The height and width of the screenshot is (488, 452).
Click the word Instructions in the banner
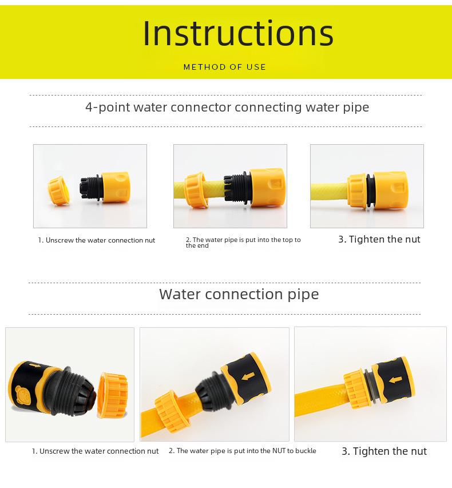pyautogui.click(x=238, y=33)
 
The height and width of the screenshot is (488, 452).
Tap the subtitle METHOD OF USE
pyautogui.click(x=225, y=67)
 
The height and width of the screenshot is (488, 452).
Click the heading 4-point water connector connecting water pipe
pyautogui.click(x=227, y=108)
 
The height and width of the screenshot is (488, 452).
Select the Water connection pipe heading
pyautogui.click(x=239, y=294)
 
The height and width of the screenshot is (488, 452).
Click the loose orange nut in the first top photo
pyautogui.click(x=58, y=191)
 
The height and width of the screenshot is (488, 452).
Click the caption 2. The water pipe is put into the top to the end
pyautogui.click(x=243, y=243)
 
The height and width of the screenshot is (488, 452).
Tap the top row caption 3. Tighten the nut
pyautogui.click(x=379, y=239)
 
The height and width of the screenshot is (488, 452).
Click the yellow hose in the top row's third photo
pyautogui.click(x=329, y=192)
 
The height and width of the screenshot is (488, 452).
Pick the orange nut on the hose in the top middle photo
pyautogui.click(x=196, y=190)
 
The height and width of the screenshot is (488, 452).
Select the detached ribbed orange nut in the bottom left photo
pyautogui.click(x=112, y=395)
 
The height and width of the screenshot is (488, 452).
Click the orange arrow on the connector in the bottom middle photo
pyautogui.click(x=248, y=376)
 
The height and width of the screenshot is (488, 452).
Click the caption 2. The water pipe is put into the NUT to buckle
pyautogui.click(x=243, y=451)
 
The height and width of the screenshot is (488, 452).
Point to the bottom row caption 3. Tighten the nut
pyautogui.click(x=384, y=451)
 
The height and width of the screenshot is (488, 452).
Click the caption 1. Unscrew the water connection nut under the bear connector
pyautogui.click(x=95, y=451)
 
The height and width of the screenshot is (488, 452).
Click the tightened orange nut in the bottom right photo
pyautogui.click(x=357, y=390)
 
